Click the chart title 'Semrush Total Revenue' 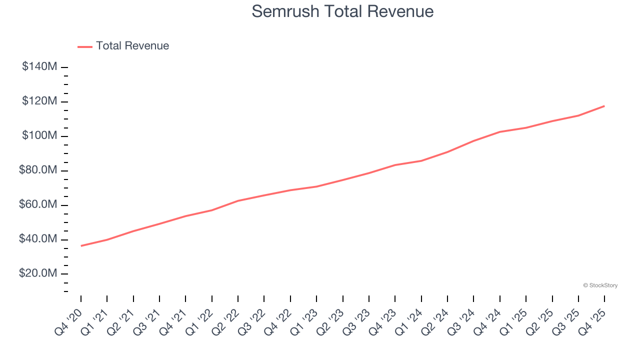point(342,11)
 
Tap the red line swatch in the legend point(85,46)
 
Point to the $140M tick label point(39,66)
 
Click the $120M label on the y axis point(39,101)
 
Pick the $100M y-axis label point(39,136)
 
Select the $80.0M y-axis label point(38,170)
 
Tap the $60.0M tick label point(38,205)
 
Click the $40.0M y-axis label point(38,239)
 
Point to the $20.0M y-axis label point(38,274)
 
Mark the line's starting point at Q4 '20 point(81,245)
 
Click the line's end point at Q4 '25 point(604,106)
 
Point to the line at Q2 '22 point(238,201)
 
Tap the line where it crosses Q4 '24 point(500,132)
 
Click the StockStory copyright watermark point(600,285)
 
